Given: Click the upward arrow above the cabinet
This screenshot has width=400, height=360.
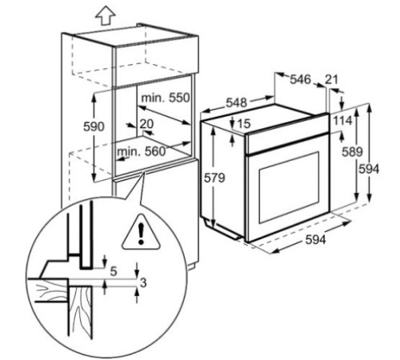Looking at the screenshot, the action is [106, 17].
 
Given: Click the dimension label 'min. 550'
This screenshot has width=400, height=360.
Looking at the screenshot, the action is [166, 98].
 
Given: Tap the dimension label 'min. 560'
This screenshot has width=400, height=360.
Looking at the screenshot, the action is [142, 151].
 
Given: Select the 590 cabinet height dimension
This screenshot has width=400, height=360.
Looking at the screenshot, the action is [94, 126].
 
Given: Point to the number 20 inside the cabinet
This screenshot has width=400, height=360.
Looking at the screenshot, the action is [146, 124].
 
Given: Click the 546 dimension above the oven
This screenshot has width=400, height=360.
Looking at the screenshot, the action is [300, 79].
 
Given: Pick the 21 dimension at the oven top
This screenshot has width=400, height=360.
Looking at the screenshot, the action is [331, 79].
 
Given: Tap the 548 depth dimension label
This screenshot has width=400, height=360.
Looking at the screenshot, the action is [237, 102].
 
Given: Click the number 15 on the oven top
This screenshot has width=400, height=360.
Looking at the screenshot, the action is [244, 123].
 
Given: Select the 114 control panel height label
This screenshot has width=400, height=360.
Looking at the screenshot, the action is [342, 121].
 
